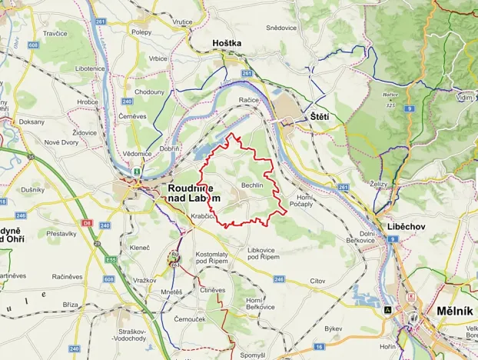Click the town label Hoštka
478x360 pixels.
[x=227, y=44]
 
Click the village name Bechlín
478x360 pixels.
[x=252, y=186]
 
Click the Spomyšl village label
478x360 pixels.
[x=253, y=355]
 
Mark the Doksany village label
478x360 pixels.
[x=32, y=122]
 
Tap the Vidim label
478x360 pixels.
[x=463, y=98]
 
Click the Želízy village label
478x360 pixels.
[x=378, y=185]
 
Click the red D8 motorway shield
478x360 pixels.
[x=88, y=222]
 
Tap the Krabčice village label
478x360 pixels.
[x=204, y=218]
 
